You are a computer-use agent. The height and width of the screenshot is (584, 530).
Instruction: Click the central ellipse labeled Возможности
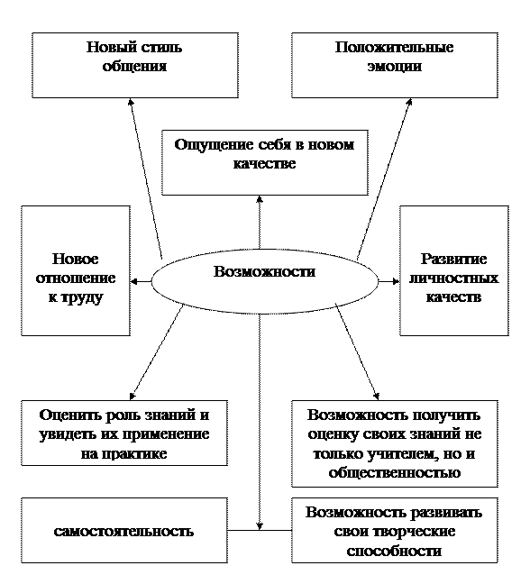pyautogui.click(x=265, y=281)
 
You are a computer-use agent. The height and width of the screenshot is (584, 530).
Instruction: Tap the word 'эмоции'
pyautogui.click(x=395, y=67)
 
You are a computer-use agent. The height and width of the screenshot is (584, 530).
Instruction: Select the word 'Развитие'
pyautogui.click(x=453, y=259)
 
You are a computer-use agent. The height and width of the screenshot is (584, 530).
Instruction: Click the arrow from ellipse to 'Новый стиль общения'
pyautogui.click(x=146, y=178)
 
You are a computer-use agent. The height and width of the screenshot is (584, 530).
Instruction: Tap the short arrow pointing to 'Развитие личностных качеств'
pyautogui.click(x=388, y=281)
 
